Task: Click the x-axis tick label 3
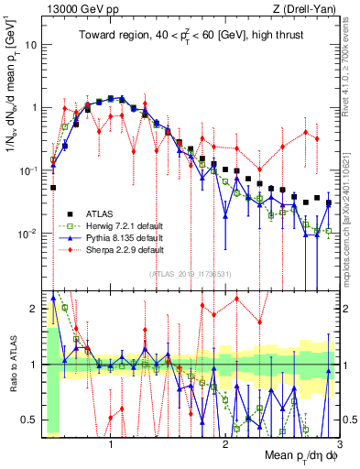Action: [339, 442]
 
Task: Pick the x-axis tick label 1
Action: [111, 442]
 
